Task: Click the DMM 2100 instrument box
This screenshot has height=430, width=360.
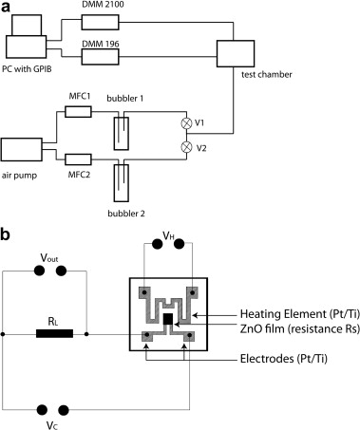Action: pyautogui.click(x=100, y=22)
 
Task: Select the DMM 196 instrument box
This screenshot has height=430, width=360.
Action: pyautogui.click(x=100, y=57)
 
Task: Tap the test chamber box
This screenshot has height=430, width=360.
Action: pyautogui.click(x=236, y=53)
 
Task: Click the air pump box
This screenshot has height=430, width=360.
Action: pyautogui.click(x=22, y=149)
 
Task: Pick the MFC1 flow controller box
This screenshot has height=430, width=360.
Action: pyautogui.click(x=78, y=112)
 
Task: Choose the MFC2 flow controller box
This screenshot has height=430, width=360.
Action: pyautogui.click(x=78, y=159)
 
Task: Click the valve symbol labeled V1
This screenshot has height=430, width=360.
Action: pyautogui.click(x=186, y=123)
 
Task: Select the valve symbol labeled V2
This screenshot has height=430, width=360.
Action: pyautogui.click(x=186, y=147)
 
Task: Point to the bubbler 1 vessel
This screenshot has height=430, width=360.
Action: pyautogui.click(x=122, y=133)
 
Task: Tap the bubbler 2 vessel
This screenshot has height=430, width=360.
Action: pyautogui.click(x=122, y=183)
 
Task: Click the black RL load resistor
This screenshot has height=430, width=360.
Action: pyautogui.click(x=54, y=333)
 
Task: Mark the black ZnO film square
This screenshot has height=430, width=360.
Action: pyautogui.click(x=168, y=319)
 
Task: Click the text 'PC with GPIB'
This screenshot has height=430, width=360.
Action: pyautogui.click(x=27, y=68)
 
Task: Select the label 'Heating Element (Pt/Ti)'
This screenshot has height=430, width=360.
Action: pyautogui.click(x=300, y=314)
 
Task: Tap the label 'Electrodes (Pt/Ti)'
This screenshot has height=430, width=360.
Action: pyautogui.click(x=284, y=359)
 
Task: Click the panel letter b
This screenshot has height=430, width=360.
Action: pyautogui.click(x=5, y=234)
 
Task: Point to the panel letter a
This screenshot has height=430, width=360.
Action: pyautogui.click(x=6, y=8)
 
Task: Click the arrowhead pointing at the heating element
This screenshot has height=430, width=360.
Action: pyautogui.click(x=196, y=315)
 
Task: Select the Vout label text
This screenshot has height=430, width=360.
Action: pyautogui.click(x=49, y=258)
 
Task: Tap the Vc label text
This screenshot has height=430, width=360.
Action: pyautogui.click(x=52, y=425)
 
